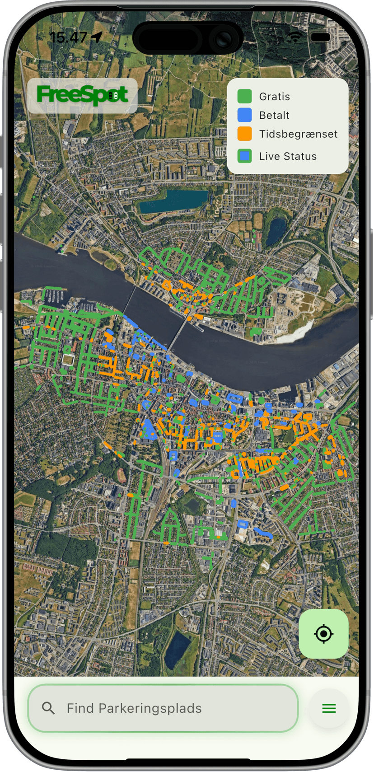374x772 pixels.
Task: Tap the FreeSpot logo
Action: pyautogui.click(x=82, y=95)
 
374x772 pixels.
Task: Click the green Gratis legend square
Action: pyautogui.click(x=244, y=96)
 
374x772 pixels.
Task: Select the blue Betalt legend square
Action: pyautogui.click(x=244, y=115)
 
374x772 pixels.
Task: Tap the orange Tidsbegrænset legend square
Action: pyautogui.click(x=244, y=134)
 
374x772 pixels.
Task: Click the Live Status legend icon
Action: pyautogui.click(x=244, y=156)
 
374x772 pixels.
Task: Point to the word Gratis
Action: pyautogui.click(x=274, y=97)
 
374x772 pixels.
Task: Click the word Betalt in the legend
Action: pyautogui.click(x=274, y=115)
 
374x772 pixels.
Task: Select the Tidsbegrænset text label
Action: pyautogui.click(x=298, y=134)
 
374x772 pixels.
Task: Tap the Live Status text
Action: pyautogui.click(x=288, y=156)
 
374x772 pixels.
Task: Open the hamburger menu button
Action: pyautogui.click(x=329, y=708)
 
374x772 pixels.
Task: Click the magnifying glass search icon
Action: pyautogui.click(x=48, y=708)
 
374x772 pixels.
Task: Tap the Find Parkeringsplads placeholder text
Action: pyautogui.click(x=134, y=708)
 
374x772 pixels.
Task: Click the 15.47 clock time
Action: pyautogui.click(x=68, y=37)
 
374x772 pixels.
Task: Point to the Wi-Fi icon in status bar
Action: pyautogui.click(x=295, y=37)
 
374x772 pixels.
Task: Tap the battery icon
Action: pyautogui.click(x=321, y=37)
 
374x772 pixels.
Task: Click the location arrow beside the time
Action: pyautogui.click(x=96, y=37)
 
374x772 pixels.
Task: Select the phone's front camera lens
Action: pyautogui.click(x=223, y=40)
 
